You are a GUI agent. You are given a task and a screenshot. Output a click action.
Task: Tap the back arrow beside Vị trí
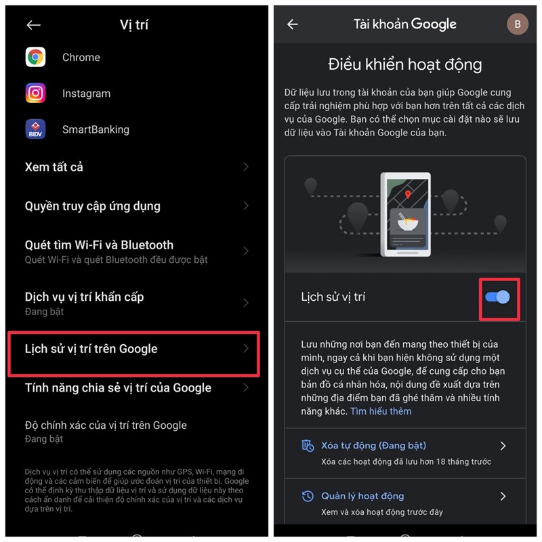pos(33,25)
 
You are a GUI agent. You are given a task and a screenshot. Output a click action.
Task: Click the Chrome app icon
pos(35,57)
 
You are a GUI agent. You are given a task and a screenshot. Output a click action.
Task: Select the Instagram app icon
pos(35,93)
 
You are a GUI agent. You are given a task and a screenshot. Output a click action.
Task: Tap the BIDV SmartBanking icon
pos(35,129)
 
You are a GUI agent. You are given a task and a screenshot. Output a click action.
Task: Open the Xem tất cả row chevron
pos(246,167)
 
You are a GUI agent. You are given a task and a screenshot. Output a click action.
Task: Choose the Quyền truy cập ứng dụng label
pos(93,206)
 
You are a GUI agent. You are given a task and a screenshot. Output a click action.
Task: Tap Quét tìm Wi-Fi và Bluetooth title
pos(99,245)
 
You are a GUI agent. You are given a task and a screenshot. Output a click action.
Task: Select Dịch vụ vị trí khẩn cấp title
pos(84,297)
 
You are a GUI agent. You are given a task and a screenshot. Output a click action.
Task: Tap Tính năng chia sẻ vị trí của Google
pos(118,388)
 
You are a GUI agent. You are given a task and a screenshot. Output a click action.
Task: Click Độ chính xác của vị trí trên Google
pos(106,425)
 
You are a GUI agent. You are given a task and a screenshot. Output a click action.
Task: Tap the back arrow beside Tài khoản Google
pos(293,24)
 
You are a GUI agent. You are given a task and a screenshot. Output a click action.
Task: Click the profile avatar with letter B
pos(518,24)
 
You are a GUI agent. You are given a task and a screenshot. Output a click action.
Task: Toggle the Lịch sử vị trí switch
pos(497,297)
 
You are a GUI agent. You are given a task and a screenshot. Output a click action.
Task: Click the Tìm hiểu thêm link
pos(381,411)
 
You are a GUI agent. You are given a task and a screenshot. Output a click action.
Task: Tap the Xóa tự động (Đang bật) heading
pos(374,445)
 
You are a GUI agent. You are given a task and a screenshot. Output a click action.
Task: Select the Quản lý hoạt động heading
pos(362,496)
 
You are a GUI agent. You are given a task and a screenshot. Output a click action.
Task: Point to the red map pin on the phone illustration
pos(408,194)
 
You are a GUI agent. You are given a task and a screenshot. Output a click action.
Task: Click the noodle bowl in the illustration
pos(408,222)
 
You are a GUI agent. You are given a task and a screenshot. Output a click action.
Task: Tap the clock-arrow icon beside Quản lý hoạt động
pos(308,496)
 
